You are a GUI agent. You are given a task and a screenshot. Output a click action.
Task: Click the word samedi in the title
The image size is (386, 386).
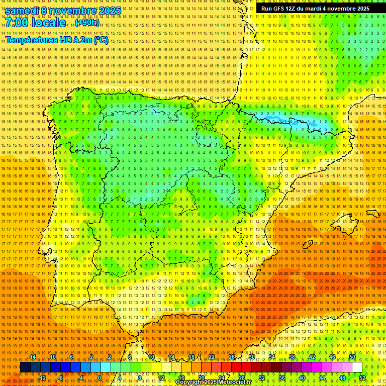pos(21,11)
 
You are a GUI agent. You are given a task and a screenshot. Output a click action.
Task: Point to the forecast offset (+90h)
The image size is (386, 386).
pos(87,23)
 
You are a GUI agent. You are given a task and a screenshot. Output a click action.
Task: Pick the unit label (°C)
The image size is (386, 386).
pos(101,40)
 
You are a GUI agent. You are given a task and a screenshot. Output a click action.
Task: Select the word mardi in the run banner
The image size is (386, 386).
pos(318,9)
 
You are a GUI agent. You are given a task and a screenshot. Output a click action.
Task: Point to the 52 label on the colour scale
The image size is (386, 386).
pos(362,378)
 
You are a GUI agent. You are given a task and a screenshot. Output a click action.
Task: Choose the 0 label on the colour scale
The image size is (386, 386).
pos(100,378)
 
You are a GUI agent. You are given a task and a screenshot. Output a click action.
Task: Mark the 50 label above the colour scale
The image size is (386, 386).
pos(352,357)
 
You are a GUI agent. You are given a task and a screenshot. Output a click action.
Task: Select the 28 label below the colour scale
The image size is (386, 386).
pos(241,378)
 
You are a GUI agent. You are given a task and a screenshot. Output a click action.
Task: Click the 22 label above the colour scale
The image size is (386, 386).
pos(212,357)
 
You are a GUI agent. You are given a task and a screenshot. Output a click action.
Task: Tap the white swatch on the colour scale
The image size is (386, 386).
pos(357,367)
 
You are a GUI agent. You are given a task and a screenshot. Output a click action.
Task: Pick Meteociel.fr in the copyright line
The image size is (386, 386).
pos(238,382)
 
